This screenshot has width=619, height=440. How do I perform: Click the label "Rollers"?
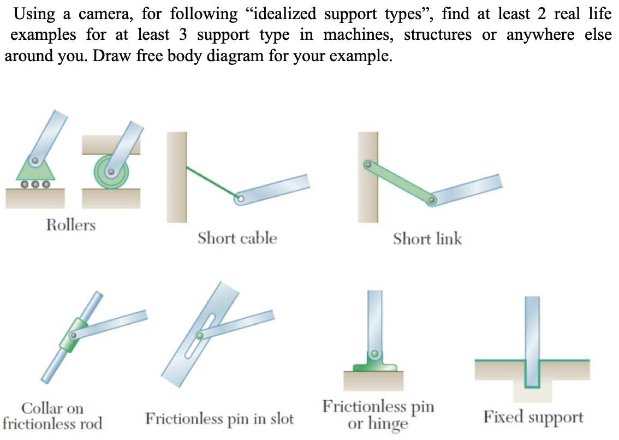(70, 224)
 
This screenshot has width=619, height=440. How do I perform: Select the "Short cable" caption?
(237, 238)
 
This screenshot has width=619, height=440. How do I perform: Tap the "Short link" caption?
(427, 239)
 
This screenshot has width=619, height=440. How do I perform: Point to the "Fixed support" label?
(533, 418)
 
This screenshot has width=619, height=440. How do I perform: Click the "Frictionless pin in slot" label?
(219, 419)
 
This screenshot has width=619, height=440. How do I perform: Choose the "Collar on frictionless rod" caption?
(52, 415)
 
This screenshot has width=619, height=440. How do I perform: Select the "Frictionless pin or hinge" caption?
(378, 414)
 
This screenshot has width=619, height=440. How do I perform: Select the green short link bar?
(399, 182)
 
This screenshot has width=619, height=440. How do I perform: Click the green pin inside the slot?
(200, 335)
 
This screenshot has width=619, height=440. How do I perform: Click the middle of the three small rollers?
(35, 185)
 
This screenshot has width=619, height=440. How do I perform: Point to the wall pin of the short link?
(367, 163)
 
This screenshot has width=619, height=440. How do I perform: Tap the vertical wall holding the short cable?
(176, 176)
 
